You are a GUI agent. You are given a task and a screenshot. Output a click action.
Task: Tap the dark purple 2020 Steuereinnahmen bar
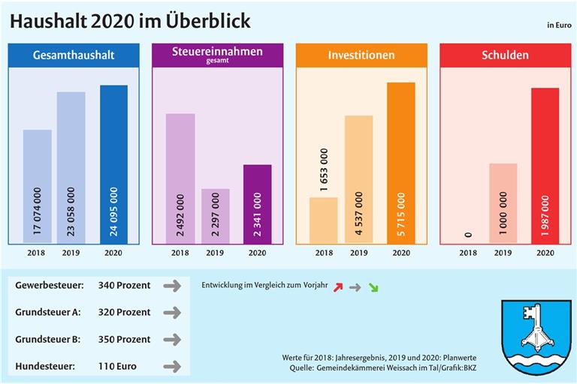tap(257, 203)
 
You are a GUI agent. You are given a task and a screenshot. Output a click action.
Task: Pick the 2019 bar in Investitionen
tap(358, 179)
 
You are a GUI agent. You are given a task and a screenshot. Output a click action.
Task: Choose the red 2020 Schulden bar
tap(545, 165)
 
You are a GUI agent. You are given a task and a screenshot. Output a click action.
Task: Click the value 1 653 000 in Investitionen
tap(324, 170)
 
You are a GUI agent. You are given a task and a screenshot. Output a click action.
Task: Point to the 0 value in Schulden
tap(469, 235)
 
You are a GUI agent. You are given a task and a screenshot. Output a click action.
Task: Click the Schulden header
tap(504, 55)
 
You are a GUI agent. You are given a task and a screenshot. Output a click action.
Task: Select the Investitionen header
tap(361, 55)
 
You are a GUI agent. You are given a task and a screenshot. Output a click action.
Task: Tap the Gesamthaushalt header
tap(73, 55)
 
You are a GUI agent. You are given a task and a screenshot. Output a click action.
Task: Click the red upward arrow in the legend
tap(338, 286)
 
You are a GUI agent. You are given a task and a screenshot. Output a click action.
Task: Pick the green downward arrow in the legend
tap(373, 286)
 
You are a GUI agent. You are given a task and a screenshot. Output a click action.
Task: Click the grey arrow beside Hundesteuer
tap(172, 367)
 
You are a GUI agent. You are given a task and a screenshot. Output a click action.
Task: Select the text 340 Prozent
tap(124, 285)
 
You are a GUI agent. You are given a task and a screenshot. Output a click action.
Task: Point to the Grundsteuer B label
tap(50, 339)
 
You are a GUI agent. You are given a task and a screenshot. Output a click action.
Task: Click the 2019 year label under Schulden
tap(503, 253)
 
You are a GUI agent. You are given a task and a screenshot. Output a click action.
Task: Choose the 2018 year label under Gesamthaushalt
tap(36, 253)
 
